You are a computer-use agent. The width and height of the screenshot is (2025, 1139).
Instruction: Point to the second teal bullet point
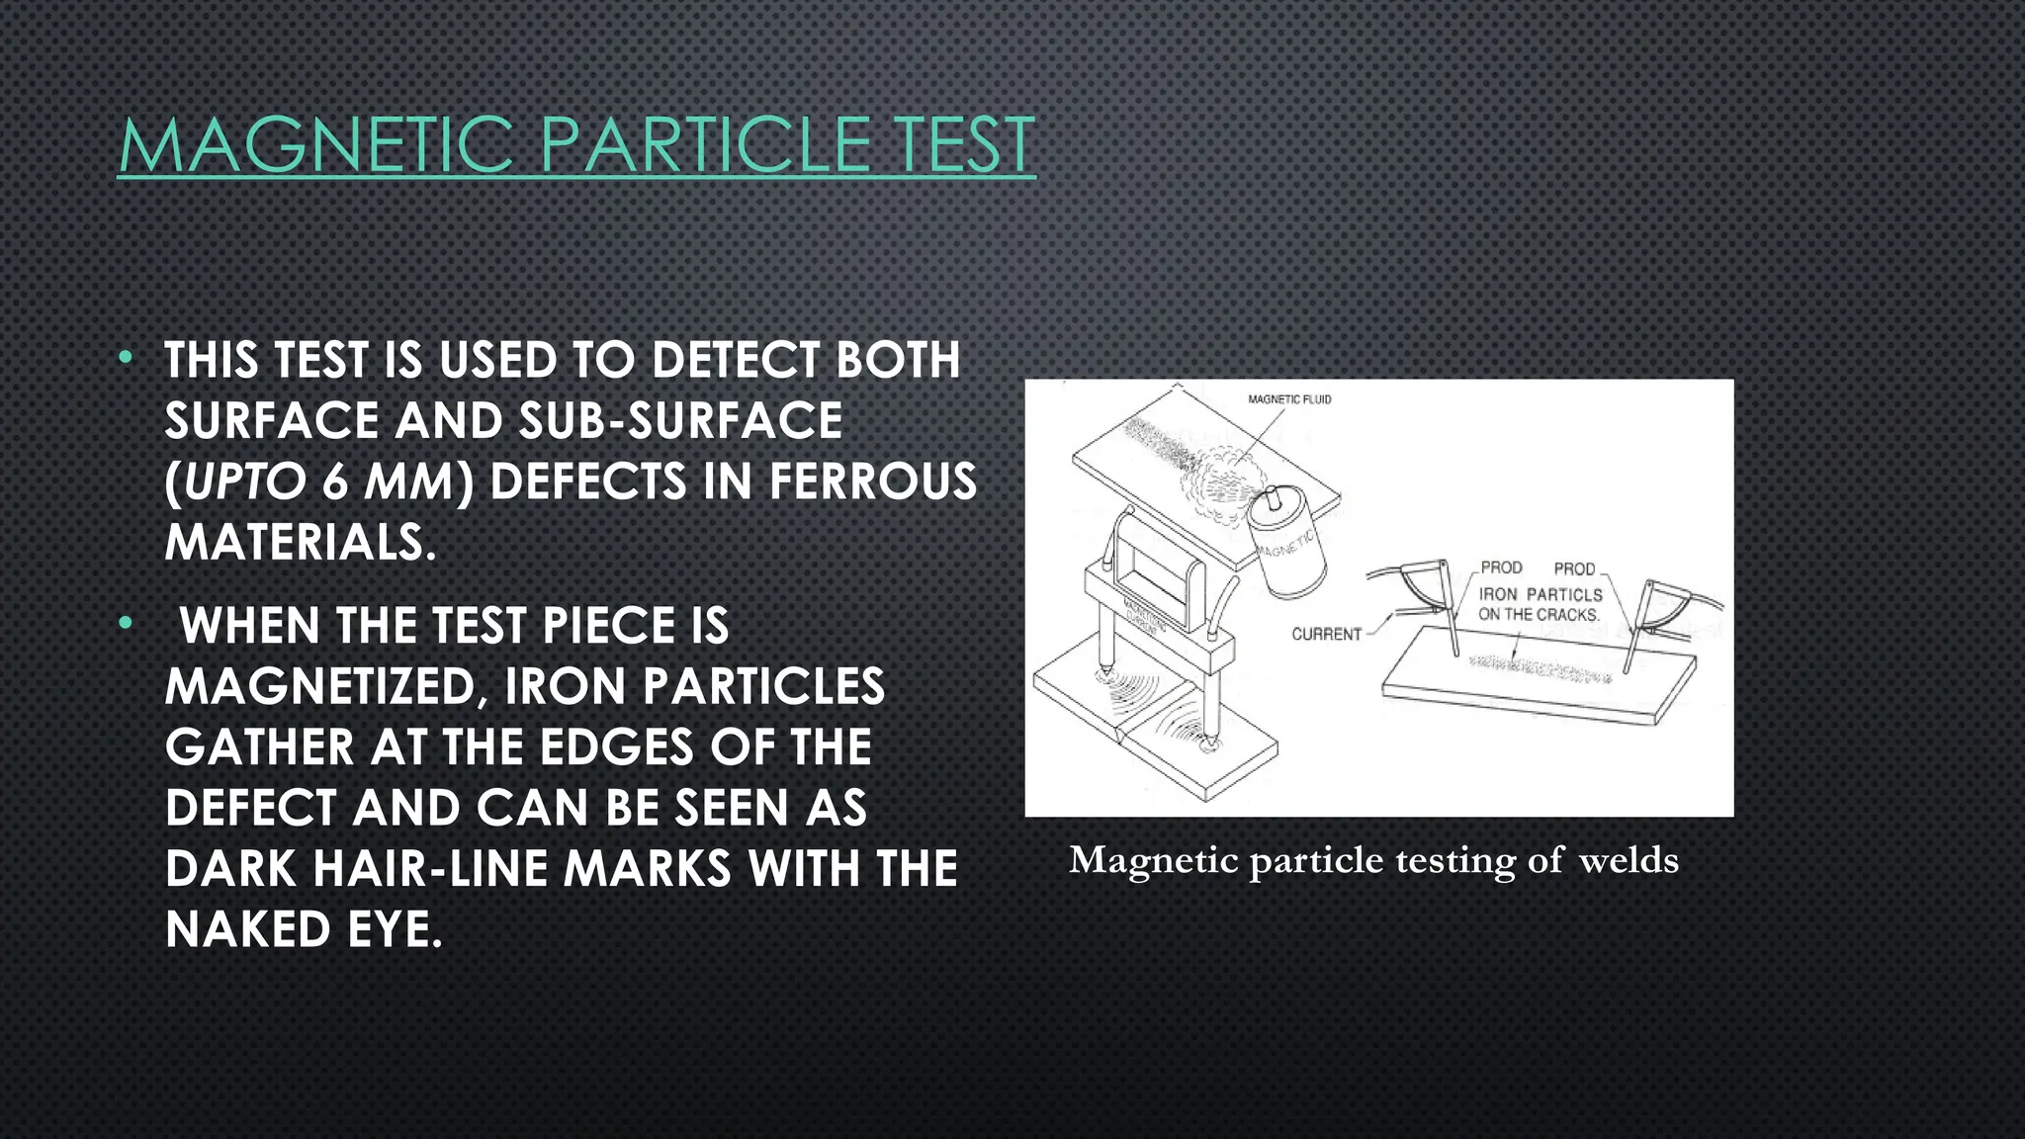coord(126,624)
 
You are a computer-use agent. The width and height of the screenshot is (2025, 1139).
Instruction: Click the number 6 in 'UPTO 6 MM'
coord(335,482)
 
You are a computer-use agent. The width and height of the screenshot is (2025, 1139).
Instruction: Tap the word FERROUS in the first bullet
coord(873,482)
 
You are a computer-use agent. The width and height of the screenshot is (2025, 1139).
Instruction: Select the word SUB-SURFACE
coord(681,421)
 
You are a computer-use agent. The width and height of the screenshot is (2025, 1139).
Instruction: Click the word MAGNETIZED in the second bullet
coord(326,687)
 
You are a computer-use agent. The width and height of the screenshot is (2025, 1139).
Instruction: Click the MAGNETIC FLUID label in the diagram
coord(1289,399)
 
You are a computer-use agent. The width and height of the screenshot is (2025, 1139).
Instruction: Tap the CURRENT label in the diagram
coord(1326,634)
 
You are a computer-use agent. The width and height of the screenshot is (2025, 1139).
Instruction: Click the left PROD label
coord(1501,568)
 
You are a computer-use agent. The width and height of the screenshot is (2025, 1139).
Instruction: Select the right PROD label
coord(1574,569)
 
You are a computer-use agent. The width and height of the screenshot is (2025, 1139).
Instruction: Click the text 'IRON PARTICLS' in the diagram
coord(1541,594)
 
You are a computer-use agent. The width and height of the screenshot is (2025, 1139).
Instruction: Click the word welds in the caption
coord(1629,860)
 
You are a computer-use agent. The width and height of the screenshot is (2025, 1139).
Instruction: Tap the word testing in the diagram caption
coord(1455,860)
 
